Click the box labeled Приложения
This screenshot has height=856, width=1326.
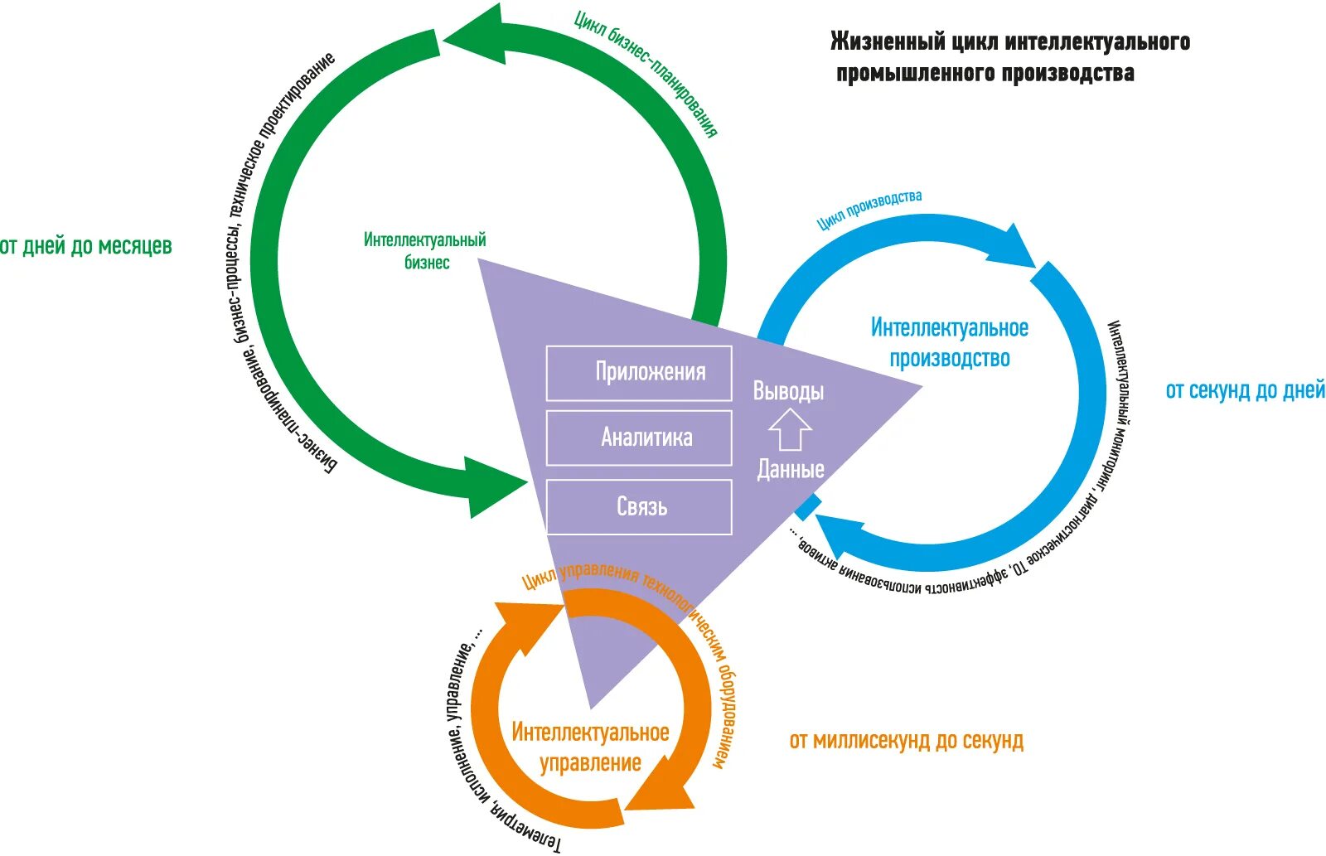pyautogui.click(x=639, y=374)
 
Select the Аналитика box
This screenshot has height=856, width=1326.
pyautogui.click(x=639, y=438)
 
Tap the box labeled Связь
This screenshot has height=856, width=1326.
pyautogui.click(x=639, y=507)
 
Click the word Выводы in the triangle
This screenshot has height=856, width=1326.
pyautogui.click(x=788, y=390)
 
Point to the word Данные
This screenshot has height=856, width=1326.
pyautogui.click(x=791, y=469)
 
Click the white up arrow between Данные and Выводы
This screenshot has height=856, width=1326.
pyautogui.click(x=791, y=429)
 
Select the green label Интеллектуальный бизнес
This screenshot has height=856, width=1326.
pyautogui.click(x=425, y=251)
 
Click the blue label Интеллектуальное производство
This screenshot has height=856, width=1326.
pyautogui.click(x=950, y=343)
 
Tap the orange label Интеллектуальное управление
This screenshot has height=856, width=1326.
pyautogui.click(x=590, y=747)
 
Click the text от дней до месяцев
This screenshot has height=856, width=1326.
pyautogui.click(x=86, y=245)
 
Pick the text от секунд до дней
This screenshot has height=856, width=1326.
pyautogui.click(x=1245, y=390)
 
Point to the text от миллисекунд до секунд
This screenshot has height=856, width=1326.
pyautogui.click(x=907, y=741)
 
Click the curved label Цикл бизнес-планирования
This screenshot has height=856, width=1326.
pyautogui.click(x=646, y=72)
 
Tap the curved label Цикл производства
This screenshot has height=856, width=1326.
pyautogui.click(x=869, y=210)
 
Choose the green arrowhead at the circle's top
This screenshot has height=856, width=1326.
pyautogui.click(x=473, y=34)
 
